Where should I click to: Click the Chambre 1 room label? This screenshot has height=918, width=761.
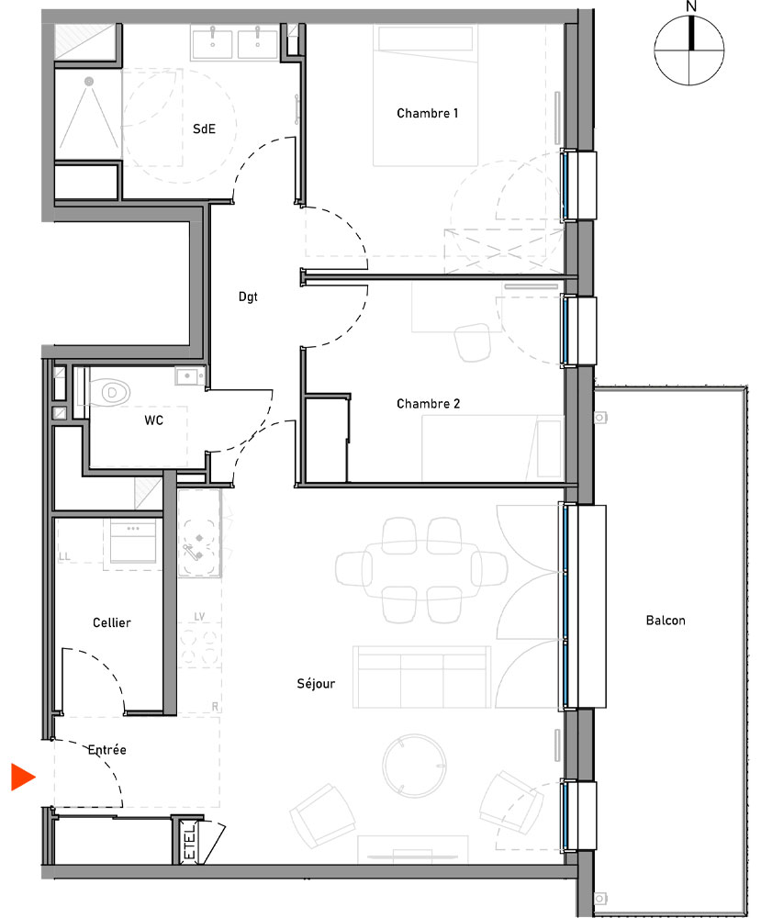tap(427, 114)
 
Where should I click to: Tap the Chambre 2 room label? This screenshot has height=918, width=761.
tap(428, 404)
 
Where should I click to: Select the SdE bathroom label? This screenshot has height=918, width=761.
tap(204, 129)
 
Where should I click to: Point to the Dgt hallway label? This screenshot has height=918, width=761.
tap(248, 297)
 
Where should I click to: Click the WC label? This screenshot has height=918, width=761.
tap(154, 421)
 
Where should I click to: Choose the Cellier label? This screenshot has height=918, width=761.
tap(112, 623)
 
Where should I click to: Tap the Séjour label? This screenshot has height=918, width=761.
tap(316, 684)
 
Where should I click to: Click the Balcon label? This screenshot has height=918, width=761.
tap(666, 621)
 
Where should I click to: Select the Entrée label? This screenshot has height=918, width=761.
tap(106, 750)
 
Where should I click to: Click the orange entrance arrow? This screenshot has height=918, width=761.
tap(22, 777)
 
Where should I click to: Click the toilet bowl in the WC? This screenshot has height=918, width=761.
tap(111, 393)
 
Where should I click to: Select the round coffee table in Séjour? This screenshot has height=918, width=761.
tap(412, 766)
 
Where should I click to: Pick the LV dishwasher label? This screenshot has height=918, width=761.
tap(200, 617)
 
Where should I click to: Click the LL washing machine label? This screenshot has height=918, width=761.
tap(64, 556)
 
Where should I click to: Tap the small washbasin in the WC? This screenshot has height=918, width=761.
tap(190, 375)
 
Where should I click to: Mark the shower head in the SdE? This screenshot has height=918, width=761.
tap(89, 83)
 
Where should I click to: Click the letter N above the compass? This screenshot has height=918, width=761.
tap(691, 6)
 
